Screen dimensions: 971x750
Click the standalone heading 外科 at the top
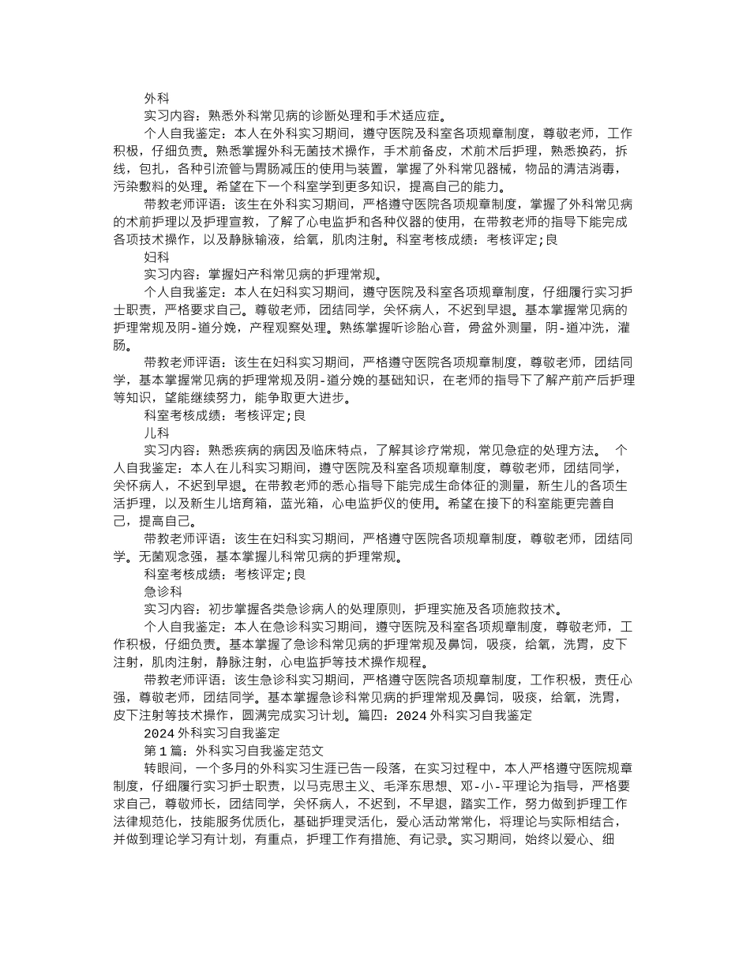pyautogui.click(x=156, y=99)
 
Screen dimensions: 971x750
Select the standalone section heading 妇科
pyautogui.click(x=156, y=257)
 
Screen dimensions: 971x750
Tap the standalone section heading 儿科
pyautogui.click(x=156, y=433)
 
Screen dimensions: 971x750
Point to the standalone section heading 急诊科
pyautogui.click(x=163, y=591)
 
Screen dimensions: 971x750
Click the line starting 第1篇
pyautogui.click(x=234, y=752)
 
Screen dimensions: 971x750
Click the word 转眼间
pyautogui.click(x=163, y=769)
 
